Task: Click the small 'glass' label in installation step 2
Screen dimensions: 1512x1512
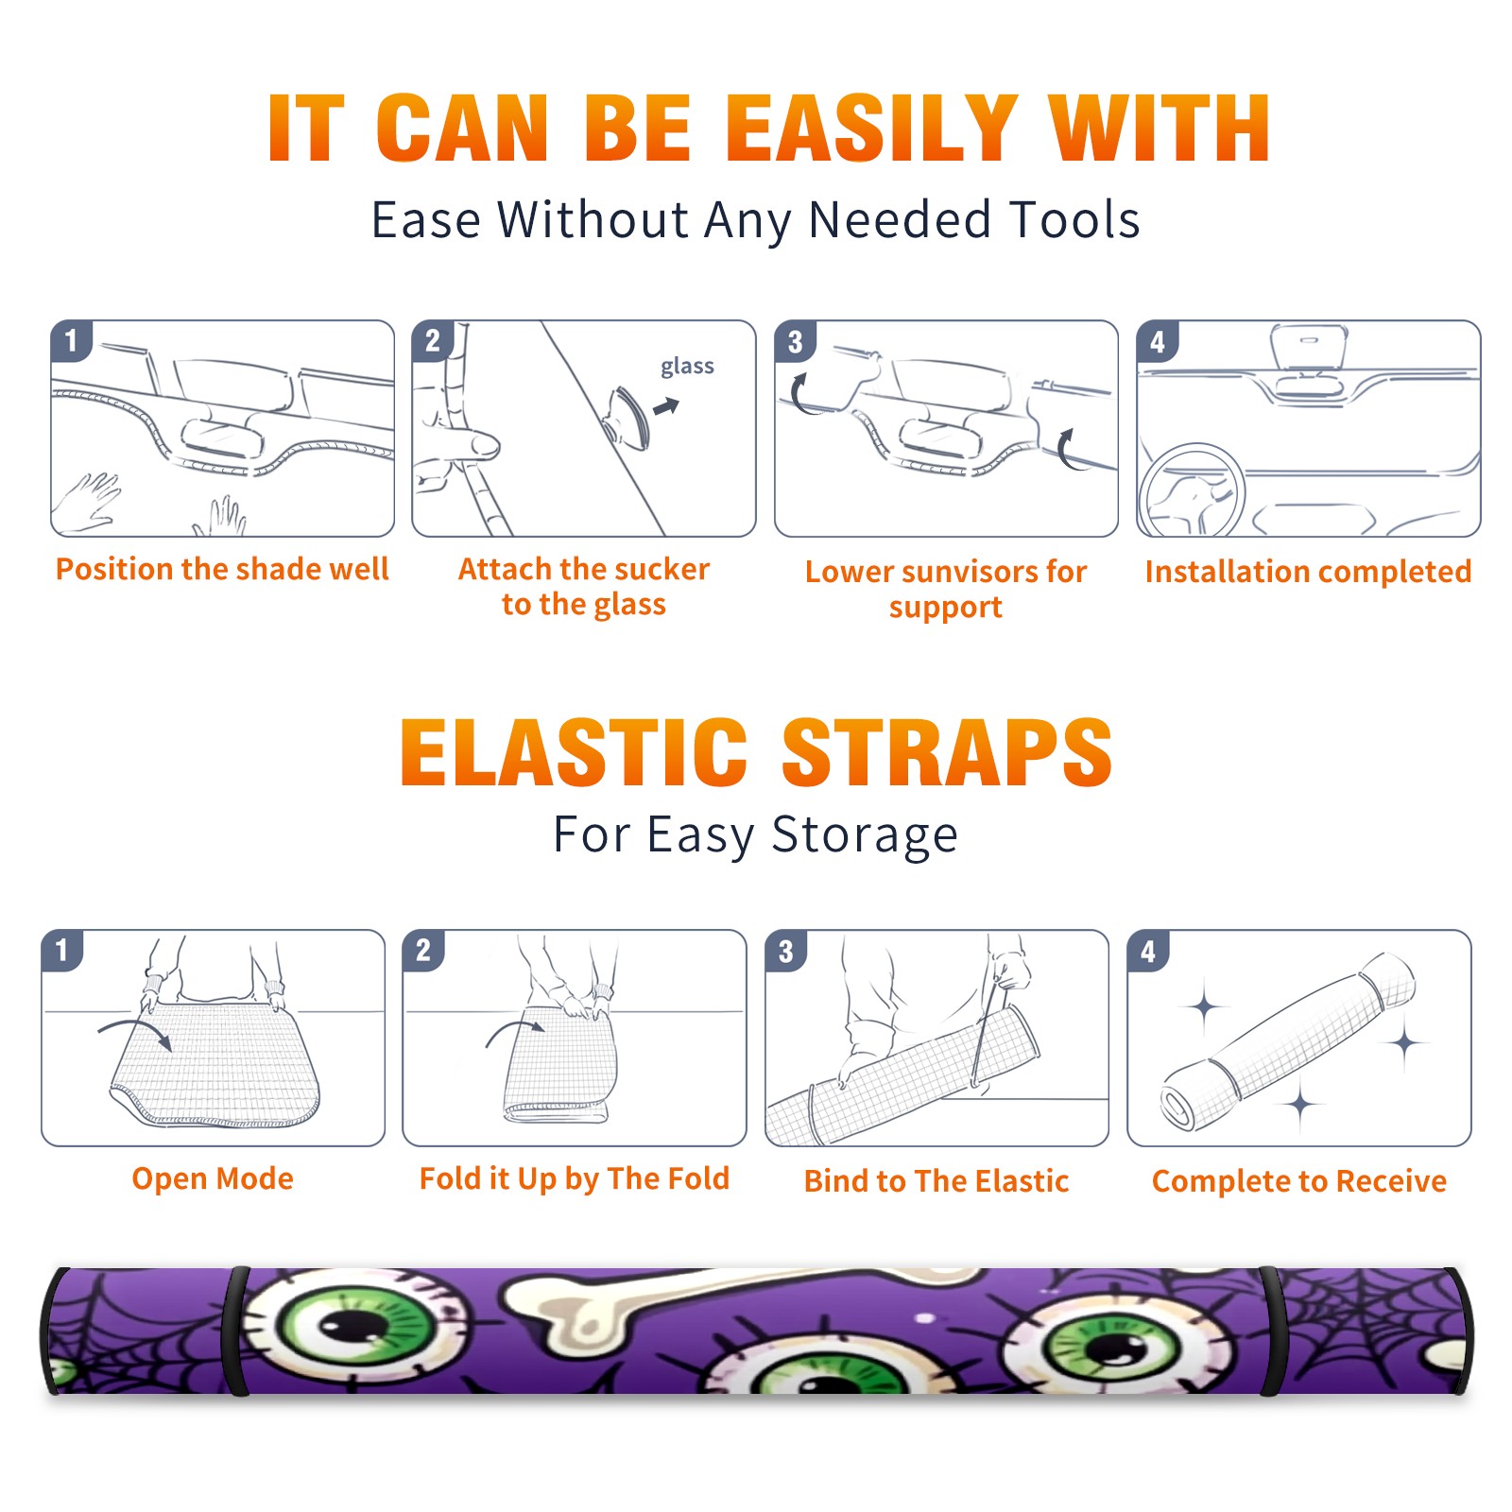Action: [x=687, y=366]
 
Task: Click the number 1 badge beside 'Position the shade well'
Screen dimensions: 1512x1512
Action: [x=71, y=340]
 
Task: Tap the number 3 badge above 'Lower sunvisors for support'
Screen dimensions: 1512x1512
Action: [x=795, y=341]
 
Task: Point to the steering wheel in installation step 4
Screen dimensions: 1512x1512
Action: [x=1192, y=491]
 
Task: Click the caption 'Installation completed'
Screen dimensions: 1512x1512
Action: [x=1308, y=572]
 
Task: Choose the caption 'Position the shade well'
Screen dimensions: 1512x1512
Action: [x=222, y=569]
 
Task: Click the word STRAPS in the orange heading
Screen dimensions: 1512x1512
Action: [x=947, y=752]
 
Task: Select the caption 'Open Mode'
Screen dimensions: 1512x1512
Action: [x=213, y=1178]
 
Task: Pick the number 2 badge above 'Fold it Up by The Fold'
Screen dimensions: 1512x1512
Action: [x=422, y=950]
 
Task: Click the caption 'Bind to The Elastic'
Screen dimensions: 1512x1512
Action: [x=936, y=1181]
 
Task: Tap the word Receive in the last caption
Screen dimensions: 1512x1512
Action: [x=1391, y=1181]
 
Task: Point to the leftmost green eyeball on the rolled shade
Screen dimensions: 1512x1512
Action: [x=354, y=1321]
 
